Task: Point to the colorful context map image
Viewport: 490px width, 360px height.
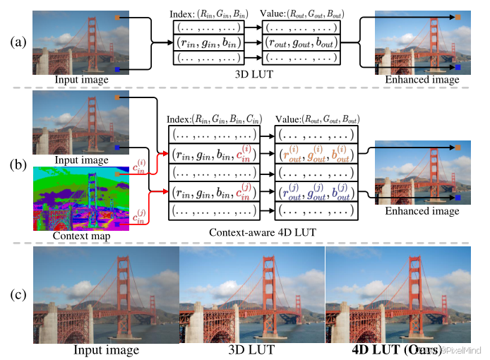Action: (76, 198)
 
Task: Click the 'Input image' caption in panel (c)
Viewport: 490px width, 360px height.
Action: (106, 349)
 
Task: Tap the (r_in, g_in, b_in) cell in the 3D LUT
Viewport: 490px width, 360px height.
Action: (209, 42)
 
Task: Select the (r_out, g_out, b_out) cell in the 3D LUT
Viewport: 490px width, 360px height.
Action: (301, 42)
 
